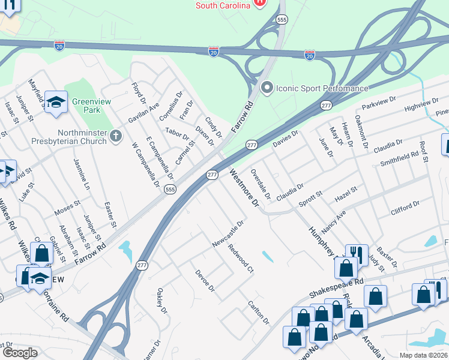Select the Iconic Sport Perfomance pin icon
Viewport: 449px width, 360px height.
click(267, 88)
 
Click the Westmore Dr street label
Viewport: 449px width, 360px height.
click(243, 188)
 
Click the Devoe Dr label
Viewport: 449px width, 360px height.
click(205, 280)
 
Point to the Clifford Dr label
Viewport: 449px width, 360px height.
click(405, 208)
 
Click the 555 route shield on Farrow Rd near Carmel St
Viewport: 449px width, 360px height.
click(170, 189)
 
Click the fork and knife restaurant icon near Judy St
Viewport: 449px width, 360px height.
click(357, 254)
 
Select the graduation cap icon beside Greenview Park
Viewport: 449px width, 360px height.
click(56, 102)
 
